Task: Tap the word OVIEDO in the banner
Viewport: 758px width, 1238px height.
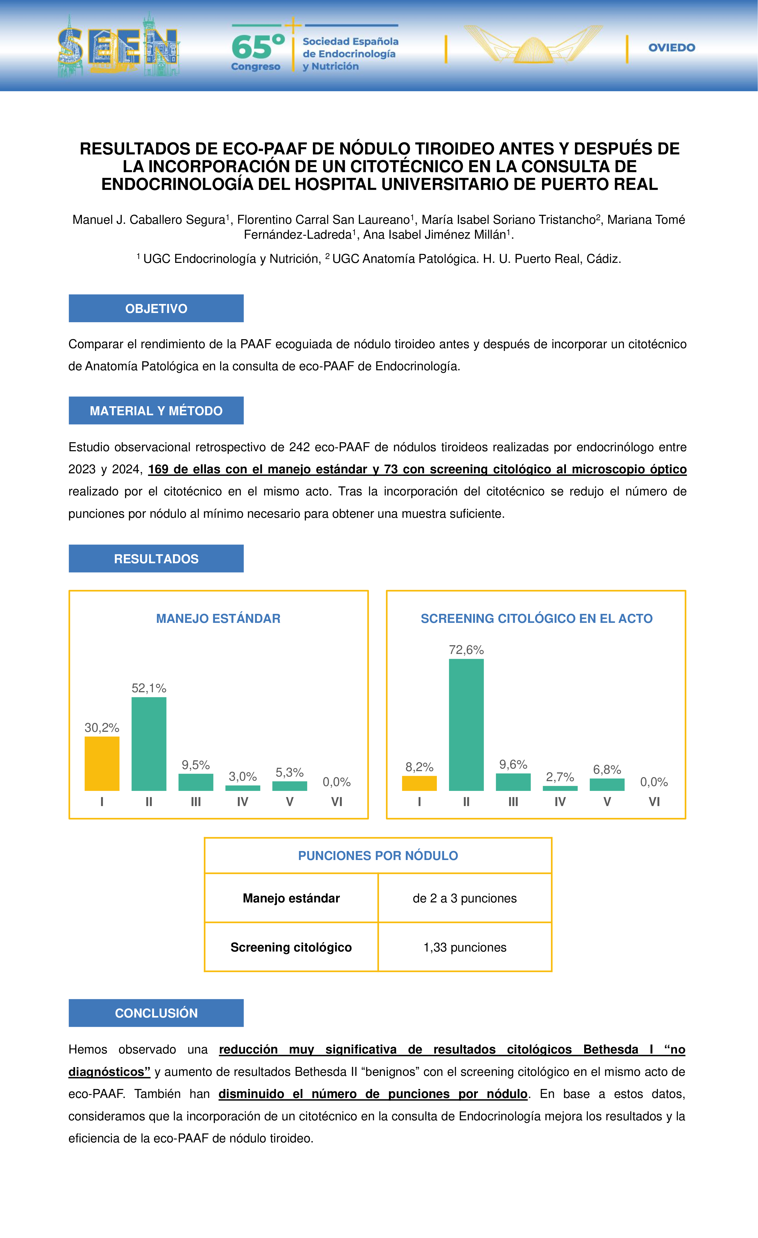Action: coord(672,48)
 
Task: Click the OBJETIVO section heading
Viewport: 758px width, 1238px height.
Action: coord(156,309)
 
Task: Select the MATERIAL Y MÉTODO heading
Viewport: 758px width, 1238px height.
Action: coord(156,411)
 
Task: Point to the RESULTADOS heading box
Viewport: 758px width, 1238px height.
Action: coord(156,559)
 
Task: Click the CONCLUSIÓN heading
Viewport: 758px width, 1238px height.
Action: coord(156,1013)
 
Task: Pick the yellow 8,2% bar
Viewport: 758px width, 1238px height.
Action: coord(419,783)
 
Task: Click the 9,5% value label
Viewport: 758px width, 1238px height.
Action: coord(195,765)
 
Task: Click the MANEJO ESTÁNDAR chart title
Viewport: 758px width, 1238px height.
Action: coord(218,618)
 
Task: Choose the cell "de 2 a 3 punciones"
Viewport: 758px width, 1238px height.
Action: coord(465,898)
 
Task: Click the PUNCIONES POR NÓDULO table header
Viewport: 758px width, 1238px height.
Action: coord(378,856)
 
